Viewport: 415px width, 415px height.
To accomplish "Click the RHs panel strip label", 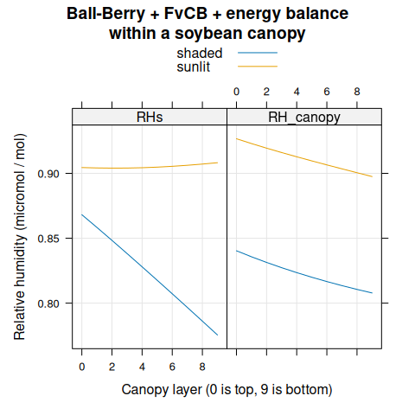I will pyautogui.click(x=149, y=117).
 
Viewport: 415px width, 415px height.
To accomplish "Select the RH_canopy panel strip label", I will pyautogui.click(x=303, y=117).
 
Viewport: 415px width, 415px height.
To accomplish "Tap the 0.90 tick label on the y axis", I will pyautogui.click(x=50, y=174).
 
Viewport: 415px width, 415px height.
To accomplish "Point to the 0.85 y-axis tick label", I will pyautogui.click(x=50, y=239).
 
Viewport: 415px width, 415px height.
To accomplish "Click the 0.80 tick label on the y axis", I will pyautogui.click(x=50, y=303).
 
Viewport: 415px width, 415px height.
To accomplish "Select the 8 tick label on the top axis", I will pyautogui.click(x=357, y=91).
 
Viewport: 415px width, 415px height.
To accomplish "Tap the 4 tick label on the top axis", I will pyautogui.click(x=297, y=91).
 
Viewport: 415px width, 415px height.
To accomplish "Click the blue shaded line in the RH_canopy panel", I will pyautogui.click(x=303, y=277).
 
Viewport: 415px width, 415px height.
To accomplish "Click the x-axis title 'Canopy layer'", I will pyautogui.click(x=227, y=390).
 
